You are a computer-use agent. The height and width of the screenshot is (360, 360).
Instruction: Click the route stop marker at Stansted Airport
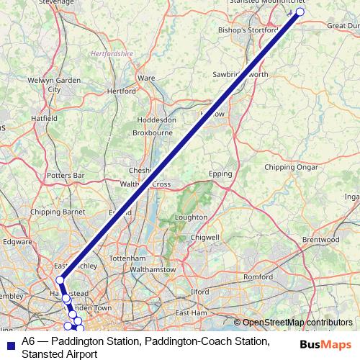click(300, 12)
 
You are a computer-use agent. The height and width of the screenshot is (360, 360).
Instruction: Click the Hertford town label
click(120, 91)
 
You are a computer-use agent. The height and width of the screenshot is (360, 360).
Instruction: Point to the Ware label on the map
click(146, 77)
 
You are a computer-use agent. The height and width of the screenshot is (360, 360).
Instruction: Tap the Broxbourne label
click(153, 132)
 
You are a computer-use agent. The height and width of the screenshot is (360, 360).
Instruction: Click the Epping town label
click(220, 174)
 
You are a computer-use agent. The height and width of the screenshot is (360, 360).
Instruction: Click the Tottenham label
click(127, 258)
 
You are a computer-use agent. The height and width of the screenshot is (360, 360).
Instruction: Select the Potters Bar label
click(66, 175)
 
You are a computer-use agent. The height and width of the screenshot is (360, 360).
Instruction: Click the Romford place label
click(258, 276)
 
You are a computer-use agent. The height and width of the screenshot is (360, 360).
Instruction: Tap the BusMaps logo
click(325, 344)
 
